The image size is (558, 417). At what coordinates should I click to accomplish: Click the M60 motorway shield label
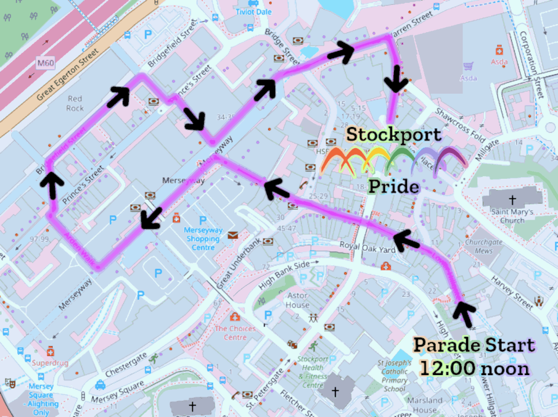pos(46,64)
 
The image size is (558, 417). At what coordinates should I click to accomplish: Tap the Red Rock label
pos(75,103)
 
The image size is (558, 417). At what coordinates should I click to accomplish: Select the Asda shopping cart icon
pos(468,67)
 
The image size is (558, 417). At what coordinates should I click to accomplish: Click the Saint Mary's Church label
pos(512,216)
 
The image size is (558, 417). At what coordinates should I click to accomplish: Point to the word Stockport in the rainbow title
pos(394,134)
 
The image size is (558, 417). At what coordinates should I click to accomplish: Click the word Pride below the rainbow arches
pos(393,186)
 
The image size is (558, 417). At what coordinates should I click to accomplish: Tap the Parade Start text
pos(474,345)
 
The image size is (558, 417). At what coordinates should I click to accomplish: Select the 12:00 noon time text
pos(474,368)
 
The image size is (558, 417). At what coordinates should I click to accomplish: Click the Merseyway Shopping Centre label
pos(202,239)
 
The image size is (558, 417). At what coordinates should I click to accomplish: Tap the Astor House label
pos(297,300)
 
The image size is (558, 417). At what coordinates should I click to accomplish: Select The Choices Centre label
pos(235,333)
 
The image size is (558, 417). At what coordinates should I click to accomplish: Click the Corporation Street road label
pos(533,65)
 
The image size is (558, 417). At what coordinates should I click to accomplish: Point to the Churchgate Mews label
pos(480,247)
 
